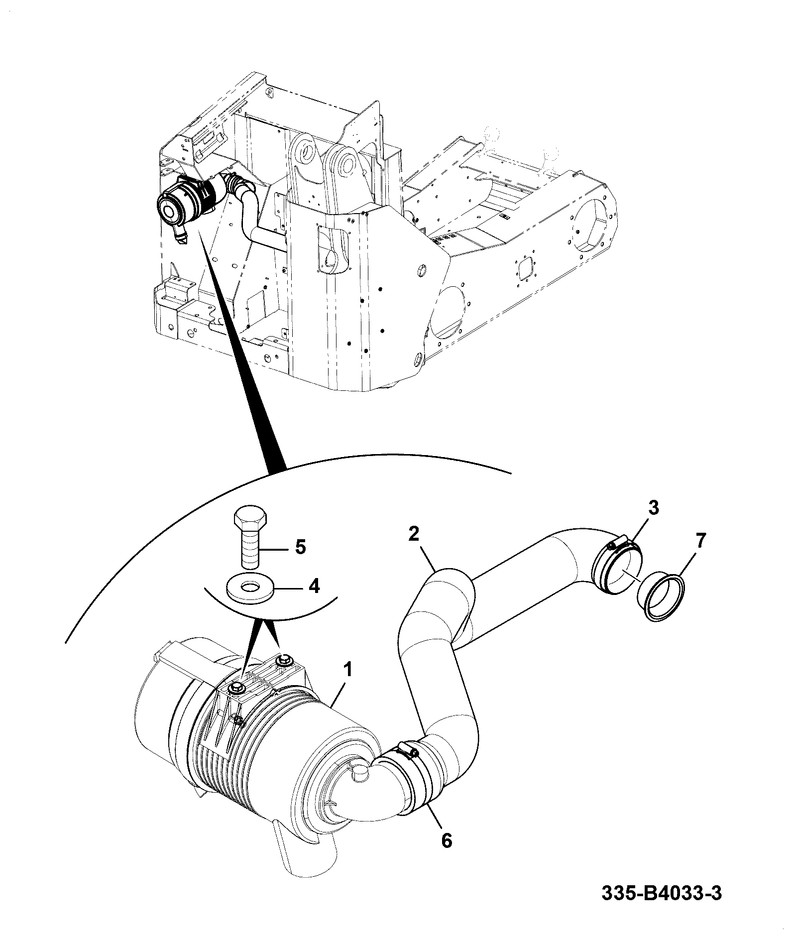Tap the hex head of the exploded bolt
click(x=250, y=519)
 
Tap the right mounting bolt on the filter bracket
click(x=284, y=660)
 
